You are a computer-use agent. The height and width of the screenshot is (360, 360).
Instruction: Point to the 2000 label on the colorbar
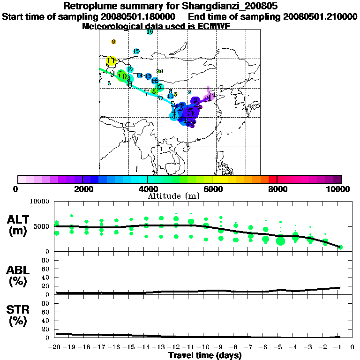[82, 189]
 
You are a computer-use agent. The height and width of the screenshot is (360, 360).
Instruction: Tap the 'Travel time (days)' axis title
[205, 356]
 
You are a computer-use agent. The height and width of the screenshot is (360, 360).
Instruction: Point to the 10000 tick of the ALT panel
[39, 202]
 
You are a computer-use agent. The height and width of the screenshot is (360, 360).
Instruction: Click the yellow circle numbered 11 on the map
[111, 61]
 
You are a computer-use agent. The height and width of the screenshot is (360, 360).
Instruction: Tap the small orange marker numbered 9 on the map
[113, 42]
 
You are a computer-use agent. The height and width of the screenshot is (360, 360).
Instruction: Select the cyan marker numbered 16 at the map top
[150, 32]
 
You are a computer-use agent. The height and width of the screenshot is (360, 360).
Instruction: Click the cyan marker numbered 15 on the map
[136, 51]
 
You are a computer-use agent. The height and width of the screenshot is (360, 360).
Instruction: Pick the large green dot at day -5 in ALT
[280, 241]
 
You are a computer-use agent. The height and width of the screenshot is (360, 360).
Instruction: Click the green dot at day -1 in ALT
[341, 247]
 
